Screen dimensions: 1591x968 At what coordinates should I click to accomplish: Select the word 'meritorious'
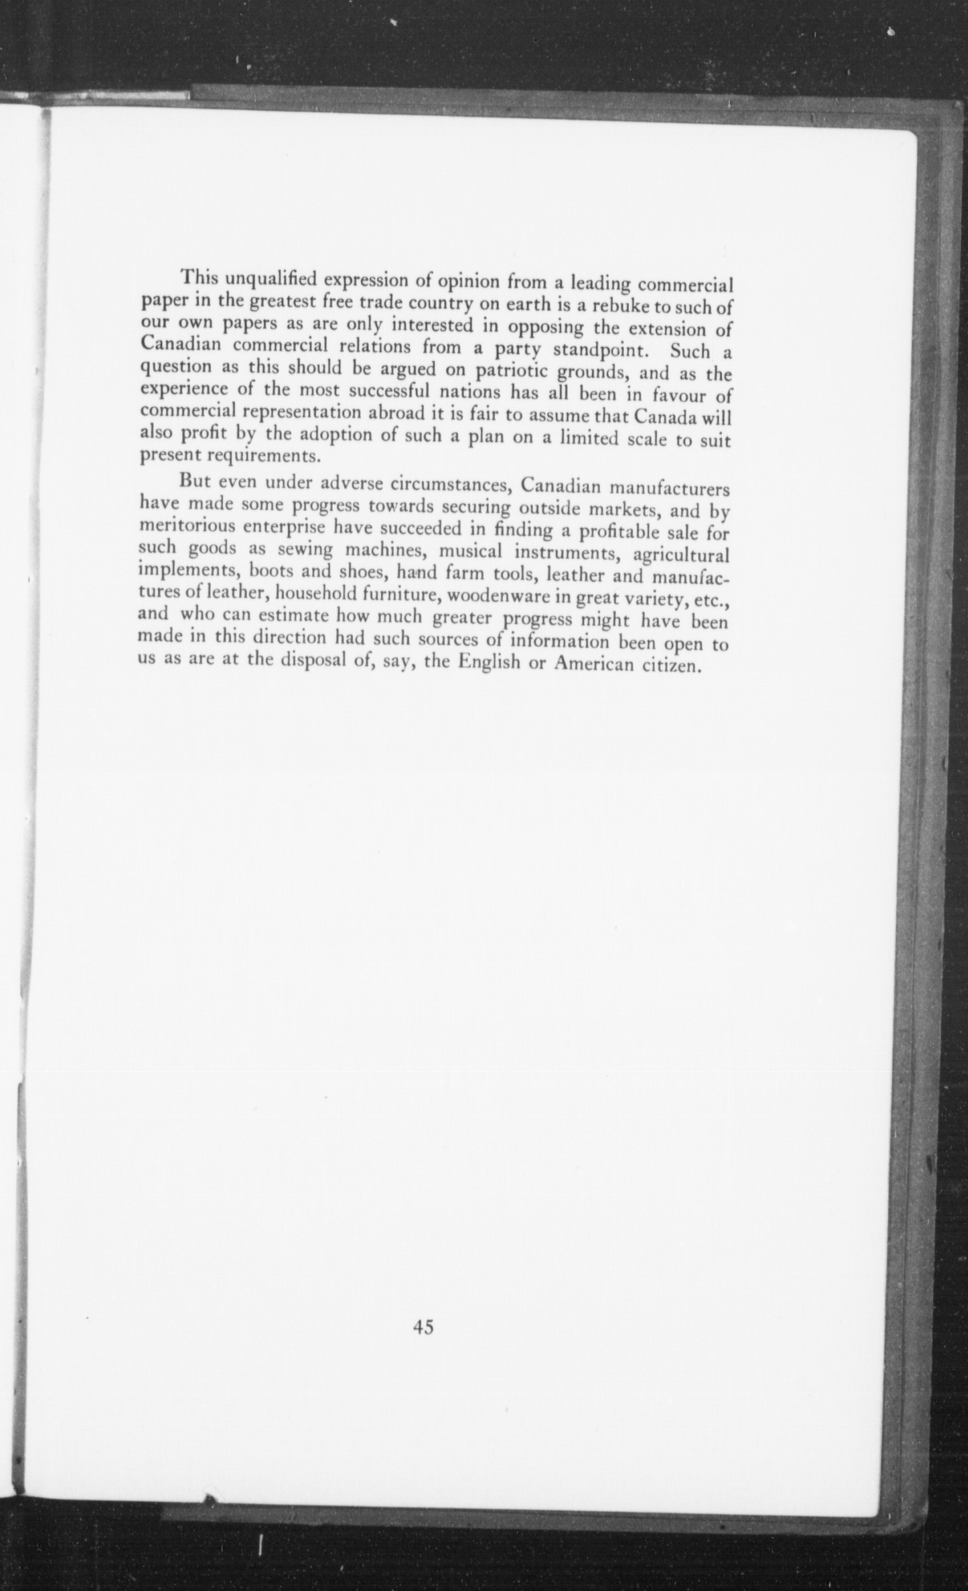click(x=187, y=526)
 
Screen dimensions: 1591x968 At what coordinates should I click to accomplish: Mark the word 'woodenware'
click(x=494, y=597)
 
